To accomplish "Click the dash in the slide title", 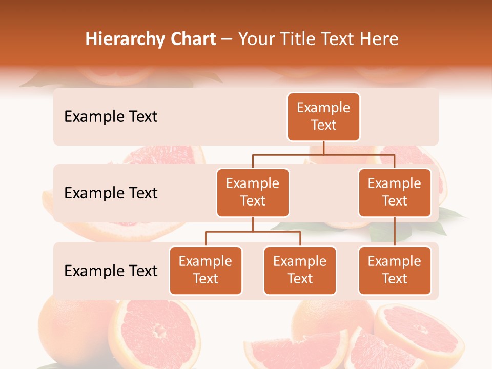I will [x=227, y=39].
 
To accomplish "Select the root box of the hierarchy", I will [x=323, y=117].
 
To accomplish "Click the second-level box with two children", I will [x=253, y=193].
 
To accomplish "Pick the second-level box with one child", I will [x=395, y=193].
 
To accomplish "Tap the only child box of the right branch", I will [x=395, y=271].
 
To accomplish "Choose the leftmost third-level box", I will [x=206, y=271].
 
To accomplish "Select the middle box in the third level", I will [x=300, y=271].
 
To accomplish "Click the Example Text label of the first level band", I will [x=111, y=117].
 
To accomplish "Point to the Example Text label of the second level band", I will [x=111, y=193].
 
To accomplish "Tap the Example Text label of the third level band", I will [x=111, y=271].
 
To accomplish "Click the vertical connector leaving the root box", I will [x=323, y=148].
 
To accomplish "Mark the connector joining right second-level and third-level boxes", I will [x=395, y=232].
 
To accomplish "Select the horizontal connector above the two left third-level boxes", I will [x=253, y=232].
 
